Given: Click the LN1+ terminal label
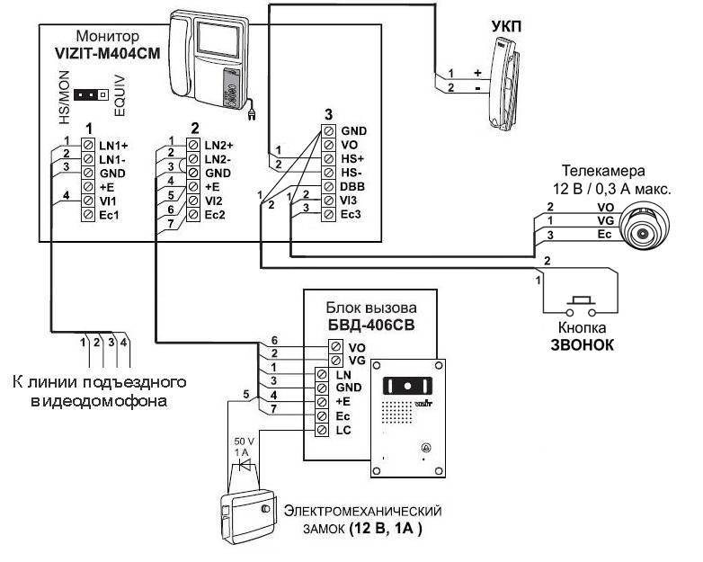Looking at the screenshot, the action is pos(113,146).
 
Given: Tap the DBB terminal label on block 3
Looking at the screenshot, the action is pos(352,187).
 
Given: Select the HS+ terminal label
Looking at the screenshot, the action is pos(352,159).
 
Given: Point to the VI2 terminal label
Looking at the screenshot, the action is pos(213,201).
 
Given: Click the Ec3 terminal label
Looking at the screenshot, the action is pos(351,214).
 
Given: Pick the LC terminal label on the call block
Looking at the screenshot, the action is pos(343,430).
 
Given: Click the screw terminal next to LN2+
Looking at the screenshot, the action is pos(193,145).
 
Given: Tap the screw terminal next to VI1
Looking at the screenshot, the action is pos(88,201).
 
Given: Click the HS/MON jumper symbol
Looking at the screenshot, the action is pos(91,95).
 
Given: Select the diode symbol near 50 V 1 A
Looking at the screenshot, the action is pos(245,465).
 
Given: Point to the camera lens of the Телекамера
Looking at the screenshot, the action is pos(643,233).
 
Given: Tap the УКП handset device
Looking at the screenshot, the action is pos(505,84).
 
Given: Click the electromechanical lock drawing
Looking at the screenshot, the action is pos(248,516).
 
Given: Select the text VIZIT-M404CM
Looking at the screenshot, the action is pos(107,53).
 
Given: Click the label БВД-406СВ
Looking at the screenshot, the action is pos(371,325).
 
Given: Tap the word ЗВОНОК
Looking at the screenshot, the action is pos(582,344).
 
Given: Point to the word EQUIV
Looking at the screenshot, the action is pos(120,96).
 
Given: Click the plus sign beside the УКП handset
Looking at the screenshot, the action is pos(477,73).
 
